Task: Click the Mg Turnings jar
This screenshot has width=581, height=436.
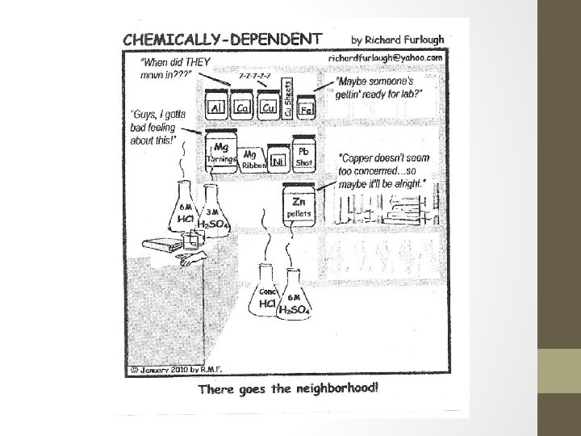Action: tap(221, 153)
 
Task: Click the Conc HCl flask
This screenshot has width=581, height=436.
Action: tap(269, 295)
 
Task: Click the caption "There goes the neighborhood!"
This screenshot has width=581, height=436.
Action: tap(286, 389)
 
